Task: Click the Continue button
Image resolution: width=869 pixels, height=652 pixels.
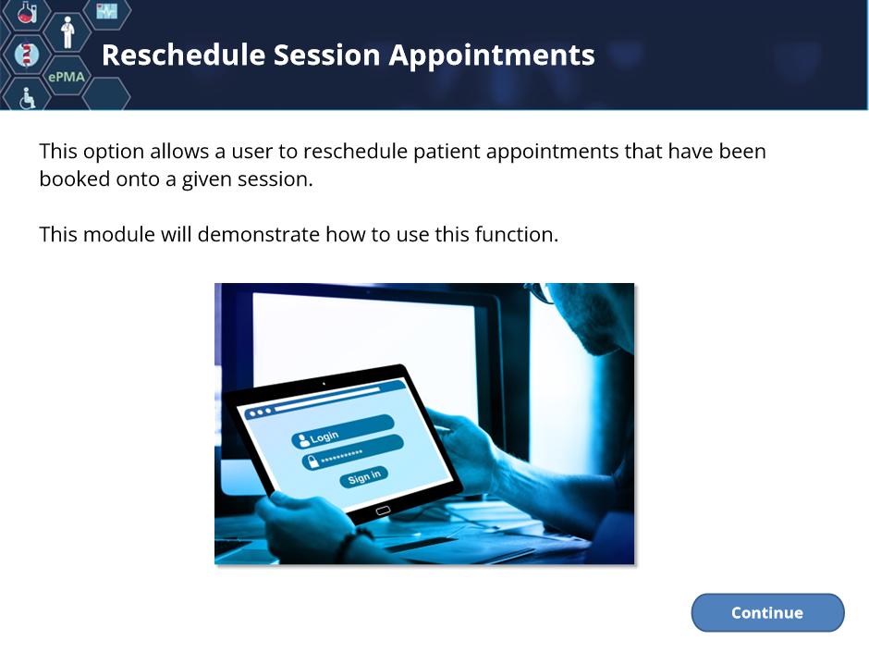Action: click(767, 612)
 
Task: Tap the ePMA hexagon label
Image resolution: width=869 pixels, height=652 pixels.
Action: click(67, 77)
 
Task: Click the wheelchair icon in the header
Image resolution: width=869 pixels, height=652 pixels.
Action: click(27, 98)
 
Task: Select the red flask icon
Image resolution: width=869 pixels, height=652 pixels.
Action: click(26, 12)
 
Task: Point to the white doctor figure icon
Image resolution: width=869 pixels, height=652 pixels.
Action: click(67, 32)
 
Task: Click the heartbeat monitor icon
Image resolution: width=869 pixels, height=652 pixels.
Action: click(106, 10)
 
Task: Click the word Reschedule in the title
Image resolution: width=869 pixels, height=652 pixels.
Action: click(183, 55)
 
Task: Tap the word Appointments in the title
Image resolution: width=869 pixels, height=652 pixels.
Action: click(492, 56)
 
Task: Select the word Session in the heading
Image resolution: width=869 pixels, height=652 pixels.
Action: click(327, 55)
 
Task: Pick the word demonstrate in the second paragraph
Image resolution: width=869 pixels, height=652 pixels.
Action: click(259, 234)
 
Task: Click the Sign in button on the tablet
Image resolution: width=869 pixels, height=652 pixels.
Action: click(363, 476)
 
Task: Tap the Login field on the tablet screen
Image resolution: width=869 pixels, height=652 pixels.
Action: click(342, 431)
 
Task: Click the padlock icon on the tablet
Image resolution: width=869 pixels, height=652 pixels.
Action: click(313, 461)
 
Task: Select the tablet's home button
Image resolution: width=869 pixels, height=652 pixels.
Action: click(383, 511)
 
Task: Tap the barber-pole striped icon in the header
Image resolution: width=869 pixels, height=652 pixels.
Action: click(26, 54)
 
